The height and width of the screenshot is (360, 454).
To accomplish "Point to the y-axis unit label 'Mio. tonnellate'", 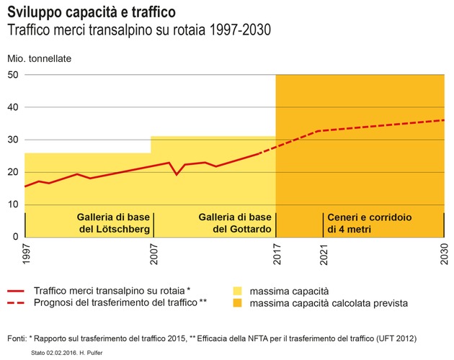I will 40,58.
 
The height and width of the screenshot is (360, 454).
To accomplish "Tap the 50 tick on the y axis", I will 13,75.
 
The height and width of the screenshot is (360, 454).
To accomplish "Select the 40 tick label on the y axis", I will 13,107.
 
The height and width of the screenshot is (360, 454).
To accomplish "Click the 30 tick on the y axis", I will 13,140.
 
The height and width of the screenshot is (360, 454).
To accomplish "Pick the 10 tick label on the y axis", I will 13,204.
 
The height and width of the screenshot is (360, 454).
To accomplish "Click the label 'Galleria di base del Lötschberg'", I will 115,224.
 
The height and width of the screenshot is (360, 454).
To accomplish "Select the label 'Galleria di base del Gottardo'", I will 235,224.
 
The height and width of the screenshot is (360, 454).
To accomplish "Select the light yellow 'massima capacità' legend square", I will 237,291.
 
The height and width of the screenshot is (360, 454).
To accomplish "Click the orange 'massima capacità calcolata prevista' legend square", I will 237,304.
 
